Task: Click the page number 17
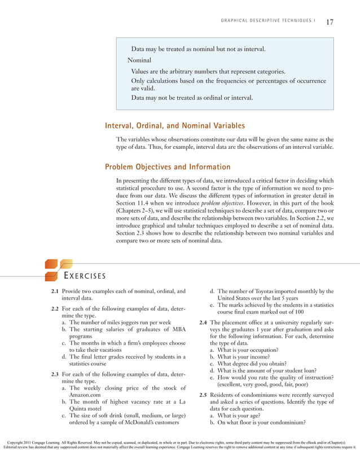click(330, 23)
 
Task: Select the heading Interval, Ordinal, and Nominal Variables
click(175, 126)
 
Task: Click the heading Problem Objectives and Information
click(168, 167)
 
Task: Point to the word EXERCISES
click(84, 276)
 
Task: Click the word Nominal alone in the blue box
click(139, 60)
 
